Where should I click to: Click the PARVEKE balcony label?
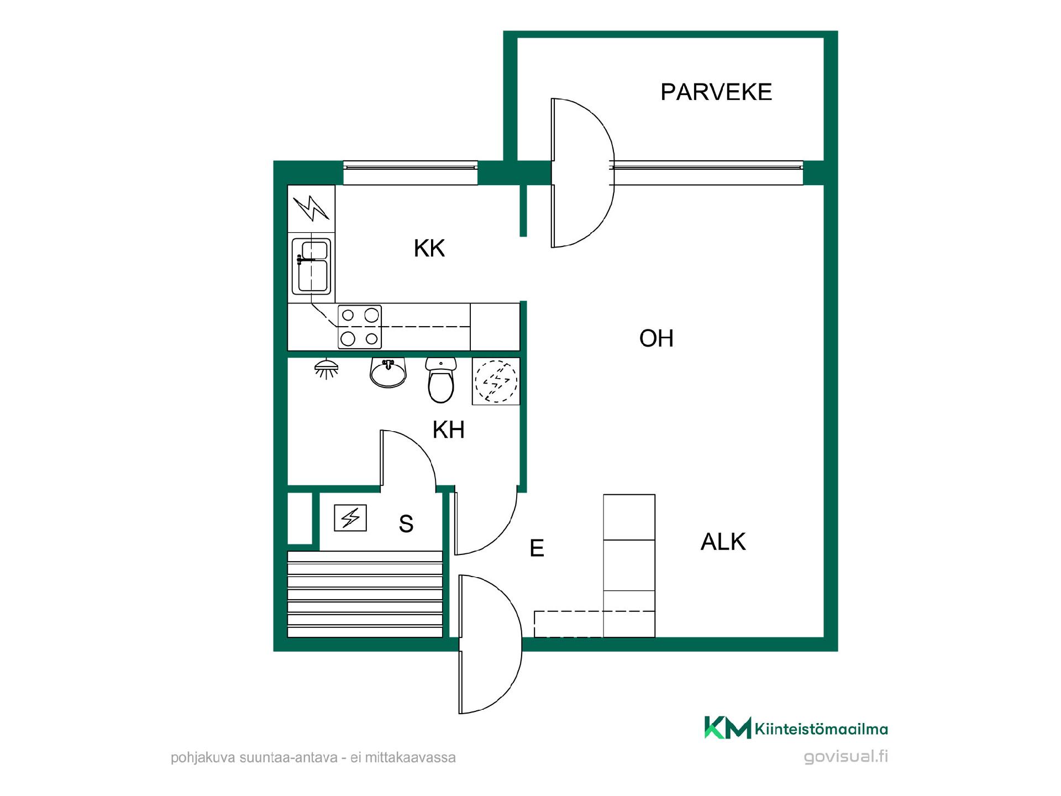[716, 92]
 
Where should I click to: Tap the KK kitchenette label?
[429, 248]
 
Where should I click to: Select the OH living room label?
[656, 338]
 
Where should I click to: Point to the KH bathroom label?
[448, 430]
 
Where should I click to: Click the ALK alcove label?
[723, 542]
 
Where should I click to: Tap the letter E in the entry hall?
[537, 548]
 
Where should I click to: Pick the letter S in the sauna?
[406, 523]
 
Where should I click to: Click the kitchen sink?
[312, 266]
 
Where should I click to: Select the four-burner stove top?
[360, 326]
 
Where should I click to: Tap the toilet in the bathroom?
[440, 380]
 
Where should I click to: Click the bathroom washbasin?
[388, 372]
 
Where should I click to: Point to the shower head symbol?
[326, 369]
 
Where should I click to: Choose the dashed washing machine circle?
[496, 381]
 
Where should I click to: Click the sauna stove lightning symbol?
[350, 519]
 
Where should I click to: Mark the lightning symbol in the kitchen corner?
[312, 208]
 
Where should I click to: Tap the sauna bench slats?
[365, 594]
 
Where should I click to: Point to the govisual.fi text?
[845, 757]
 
